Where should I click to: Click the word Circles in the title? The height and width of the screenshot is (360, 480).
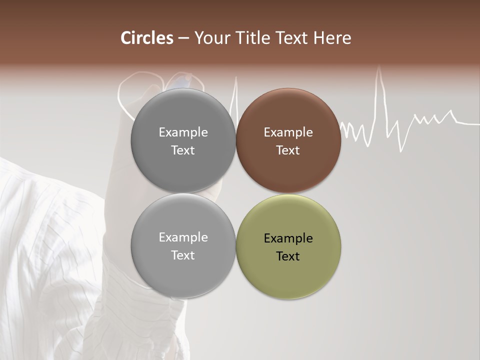[x=147, y=38]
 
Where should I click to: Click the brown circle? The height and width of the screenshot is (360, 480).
[x=288, y=140]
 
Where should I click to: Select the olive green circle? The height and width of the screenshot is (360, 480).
[x=288, y=246]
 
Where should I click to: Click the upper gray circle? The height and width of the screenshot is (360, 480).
[x=183, y=140]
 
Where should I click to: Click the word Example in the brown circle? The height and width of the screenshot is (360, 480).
[x=288, y=132]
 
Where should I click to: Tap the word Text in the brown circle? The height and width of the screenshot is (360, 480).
[x=288, y=150]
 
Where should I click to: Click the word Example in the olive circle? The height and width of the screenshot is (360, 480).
[x=288, y=238]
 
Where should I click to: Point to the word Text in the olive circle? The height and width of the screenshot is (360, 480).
[x=288, y=256]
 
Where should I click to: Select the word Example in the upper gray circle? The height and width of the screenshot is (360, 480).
[x=183, y=132]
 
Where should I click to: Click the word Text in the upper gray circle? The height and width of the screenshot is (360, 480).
[x=183, y=150]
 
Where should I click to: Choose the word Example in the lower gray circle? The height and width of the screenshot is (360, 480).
[x=183, y=237]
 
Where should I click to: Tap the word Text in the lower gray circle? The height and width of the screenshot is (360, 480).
[x=183, y=255]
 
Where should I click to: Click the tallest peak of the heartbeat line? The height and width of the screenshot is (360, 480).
[x=379, y=68]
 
